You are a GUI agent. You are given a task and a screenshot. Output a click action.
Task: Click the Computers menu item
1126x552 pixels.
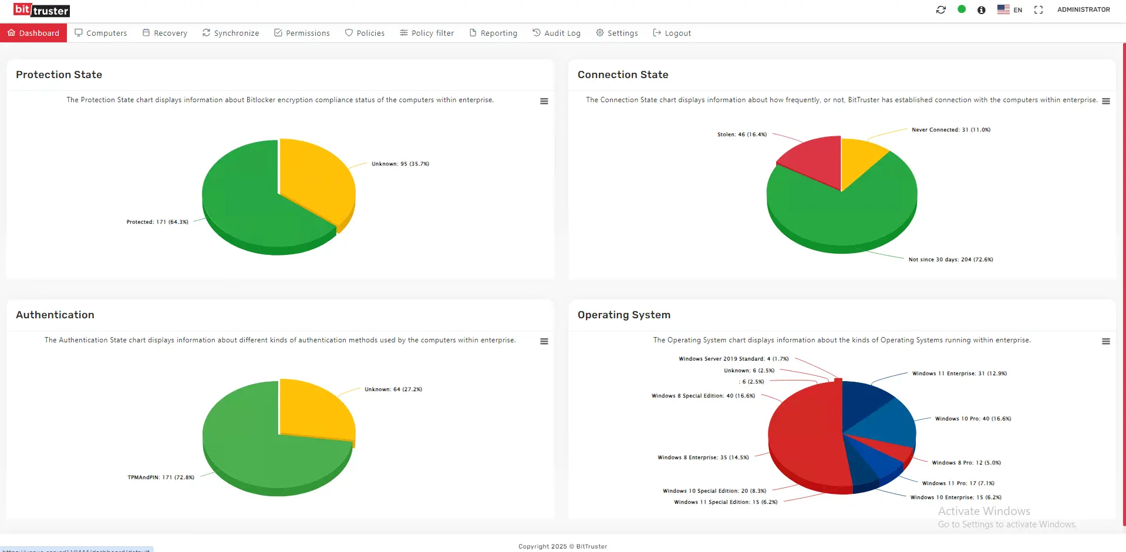101,33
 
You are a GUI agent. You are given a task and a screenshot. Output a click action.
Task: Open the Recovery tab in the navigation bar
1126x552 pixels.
165,33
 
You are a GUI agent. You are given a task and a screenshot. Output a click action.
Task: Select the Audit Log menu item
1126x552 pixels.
557,33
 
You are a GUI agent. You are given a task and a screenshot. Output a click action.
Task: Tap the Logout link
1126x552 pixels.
672,33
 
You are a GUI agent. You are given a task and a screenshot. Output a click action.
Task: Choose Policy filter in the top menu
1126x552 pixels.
427,33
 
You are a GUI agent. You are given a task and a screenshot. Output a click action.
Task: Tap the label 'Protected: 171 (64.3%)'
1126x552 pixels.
157,222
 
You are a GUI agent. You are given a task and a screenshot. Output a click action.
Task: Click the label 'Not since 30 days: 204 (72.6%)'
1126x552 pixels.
950,260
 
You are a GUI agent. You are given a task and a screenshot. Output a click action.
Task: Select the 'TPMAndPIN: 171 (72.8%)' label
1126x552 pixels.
161,477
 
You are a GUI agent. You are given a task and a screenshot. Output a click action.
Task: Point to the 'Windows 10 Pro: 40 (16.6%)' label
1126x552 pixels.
973,419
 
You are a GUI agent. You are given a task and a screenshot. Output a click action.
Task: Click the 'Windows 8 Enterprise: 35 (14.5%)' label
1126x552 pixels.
703,457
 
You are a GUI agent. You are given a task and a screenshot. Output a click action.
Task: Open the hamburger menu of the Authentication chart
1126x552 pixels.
544,341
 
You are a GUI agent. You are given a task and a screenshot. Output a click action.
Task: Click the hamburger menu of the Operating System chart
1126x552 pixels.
1106,341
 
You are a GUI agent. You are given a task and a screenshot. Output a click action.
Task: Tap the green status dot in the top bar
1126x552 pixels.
962,9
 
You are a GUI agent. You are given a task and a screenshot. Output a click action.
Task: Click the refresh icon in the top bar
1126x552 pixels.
941,9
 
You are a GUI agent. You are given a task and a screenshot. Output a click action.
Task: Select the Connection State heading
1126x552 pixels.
623,75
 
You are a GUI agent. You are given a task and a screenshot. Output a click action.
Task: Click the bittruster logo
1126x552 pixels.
42,10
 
